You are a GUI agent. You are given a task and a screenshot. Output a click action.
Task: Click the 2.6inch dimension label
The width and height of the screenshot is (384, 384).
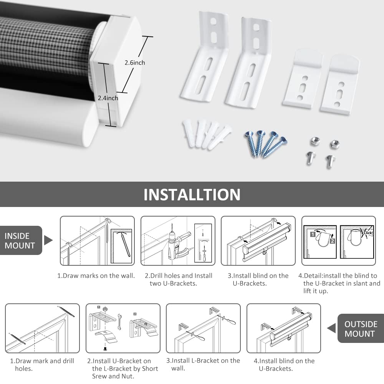(x=134, y=63)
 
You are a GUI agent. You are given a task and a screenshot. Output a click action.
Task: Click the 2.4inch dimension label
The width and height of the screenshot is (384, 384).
(x=108, y=98)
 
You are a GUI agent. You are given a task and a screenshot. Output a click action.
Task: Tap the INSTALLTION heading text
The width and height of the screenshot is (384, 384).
(x=192, y=195)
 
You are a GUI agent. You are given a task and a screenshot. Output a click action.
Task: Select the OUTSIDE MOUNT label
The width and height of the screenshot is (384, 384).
(x=361, y=329)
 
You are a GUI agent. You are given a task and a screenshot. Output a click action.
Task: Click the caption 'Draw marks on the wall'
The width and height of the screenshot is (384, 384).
(x=96, y=276)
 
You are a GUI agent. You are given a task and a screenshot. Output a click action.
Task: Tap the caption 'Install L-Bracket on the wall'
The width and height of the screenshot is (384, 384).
(x=204, y=364)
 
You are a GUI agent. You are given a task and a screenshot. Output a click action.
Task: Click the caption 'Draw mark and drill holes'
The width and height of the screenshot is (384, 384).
(x=42, y=364)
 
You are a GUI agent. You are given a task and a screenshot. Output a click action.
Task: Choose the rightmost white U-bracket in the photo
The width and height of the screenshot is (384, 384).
(x=339, y=84)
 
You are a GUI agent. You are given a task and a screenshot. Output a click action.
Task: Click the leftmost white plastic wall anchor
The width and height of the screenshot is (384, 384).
(x=189, y=133)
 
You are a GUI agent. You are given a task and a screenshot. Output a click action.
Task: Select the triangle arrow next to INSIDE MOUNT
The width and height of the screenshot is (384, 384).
(x=48, y=241)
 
